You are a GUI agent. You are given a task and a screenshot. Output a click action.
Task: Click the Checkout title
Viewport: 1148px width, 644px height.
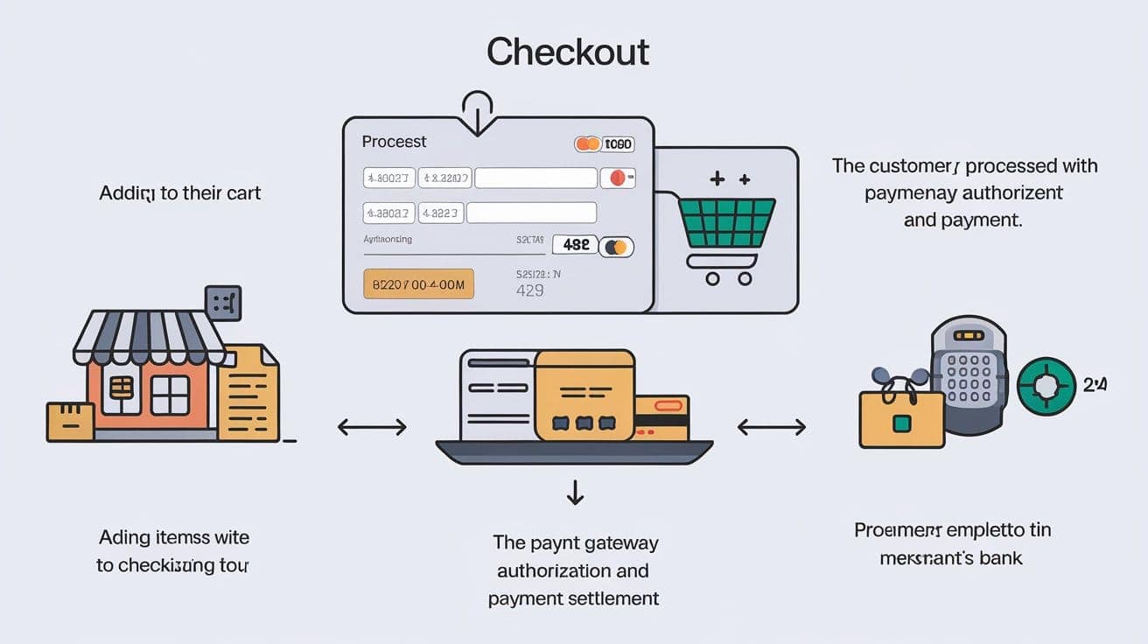click(x=568, y=52)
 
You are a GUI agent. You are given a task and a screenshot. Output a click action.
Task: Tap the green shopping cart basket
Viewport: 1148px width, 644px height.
click(x=726, y=223)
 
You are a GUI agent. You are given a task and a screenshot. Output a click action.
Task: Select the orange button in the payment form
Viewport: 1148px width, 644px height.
click(x=417, y=283)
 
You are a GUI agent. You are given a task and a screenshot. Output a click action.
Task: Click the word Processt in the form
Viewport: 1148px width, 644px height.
click(x=394, y=141)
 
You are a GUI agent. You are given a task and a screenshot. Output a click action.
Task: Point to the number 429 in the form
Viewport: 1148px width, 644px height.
click(x=529, y=290)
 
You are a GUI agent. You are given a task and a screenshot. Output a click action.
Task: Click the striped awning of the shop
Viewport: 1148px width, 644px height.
click(x=150, y=337)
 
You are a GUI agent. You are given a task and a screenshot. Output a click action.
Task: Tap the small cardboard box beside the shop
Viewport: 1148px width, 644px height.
click(x=70, y=421)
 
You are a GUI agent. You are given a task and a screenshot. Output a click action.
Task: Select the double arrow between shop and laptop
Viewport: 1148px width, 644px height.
click(x=372, y=427)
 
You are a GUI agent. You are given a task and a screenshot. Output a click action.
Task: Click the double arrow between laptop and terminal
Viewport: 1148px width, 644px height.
click(x=771, y=427)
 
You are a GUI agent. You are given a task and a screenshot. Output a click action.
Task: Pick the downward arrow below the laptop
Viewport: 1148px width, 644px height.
click(x=575, y=493)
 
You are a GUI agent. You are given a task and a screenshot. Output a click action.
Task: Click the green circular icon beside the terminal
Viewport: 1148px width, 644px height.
click(x=1046, y=386)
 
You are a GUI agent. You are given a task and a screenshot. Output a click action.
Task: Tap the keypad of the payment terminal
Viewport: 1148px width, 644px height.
click(x=968, y=377)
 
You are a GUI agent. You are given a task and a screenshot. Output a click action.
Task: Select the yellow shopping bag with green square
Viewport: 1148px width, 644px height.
click(x=901, y=418)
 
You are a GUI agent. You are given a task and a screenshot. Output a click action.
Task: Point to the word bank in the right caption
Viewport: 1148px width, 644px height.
click(x=1001, y=557)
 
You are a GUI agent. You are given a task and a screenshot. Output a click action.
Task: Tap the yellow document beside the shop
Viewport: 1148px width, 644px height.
click(x=249, y=394)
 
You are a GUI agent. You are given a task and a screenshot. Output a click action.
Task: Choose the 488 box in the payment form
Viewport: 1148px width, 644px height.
click(x=575, y=246)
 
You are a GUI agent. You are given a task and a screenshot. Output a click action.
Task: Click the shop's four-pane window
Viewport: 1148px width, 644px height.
click(x=170, y=395)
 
